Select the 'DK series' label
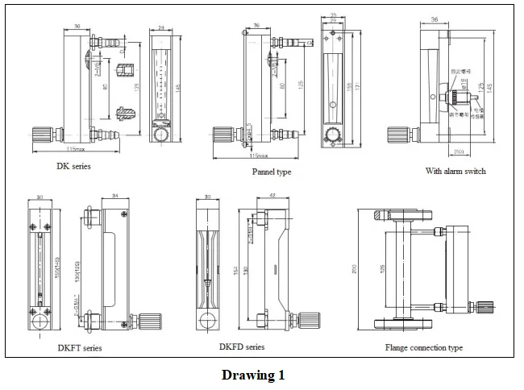(73, 167)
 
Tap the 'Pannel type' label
(272, 172)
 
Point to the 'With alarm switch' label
(455, 171)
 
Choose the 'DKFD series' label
(241, 346)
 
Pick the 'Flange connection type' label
(423, 348)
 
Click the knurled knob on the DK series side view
(41, 134)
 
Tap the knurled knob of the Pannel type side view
(219, 135)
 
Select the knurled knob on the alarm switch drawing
(396, 135)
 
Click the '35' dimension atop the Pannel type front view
(333, 14)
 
